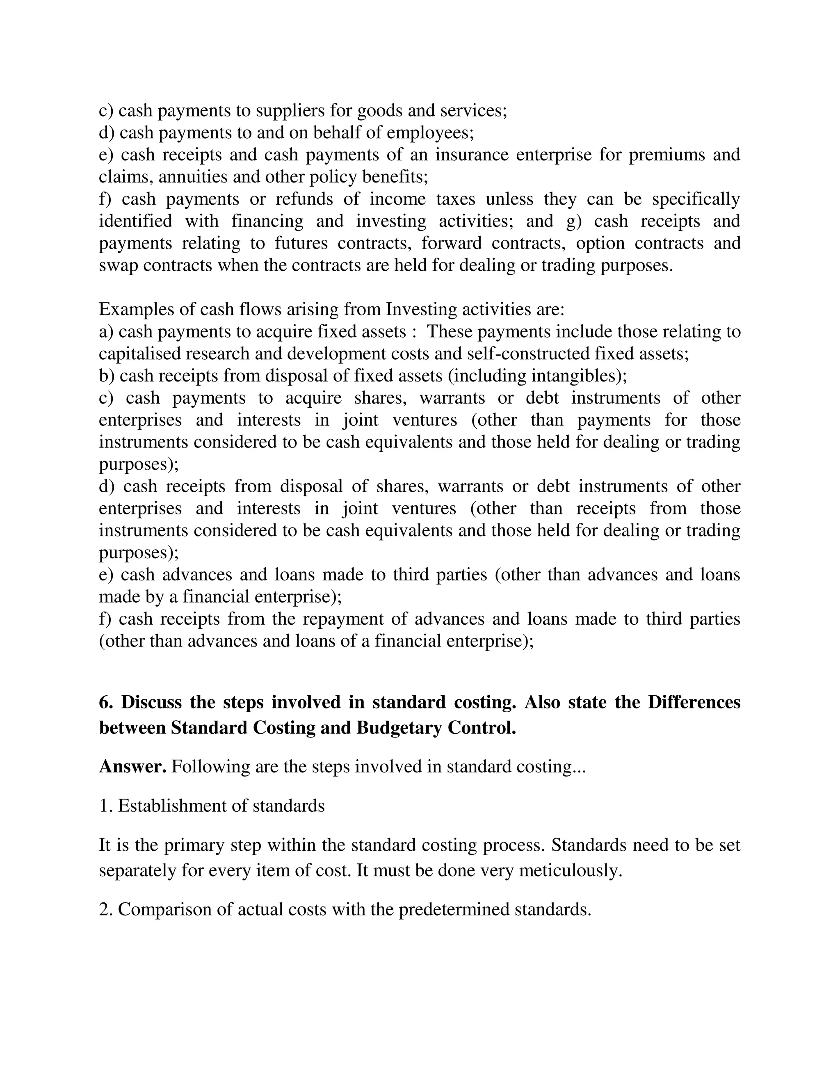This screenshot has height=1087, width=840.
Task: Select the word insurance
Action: pyautogui.click(x=471, y=155)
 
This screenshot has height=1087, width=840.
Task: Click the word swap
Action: pyautogui.click(x=119, y=265)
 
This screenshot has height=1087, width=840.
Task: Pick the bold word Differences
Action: pyautogui.click(x=694, y=702)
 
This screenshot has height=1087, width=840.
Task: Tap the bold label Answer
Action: pyautogui.click(x=132, y=767)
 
